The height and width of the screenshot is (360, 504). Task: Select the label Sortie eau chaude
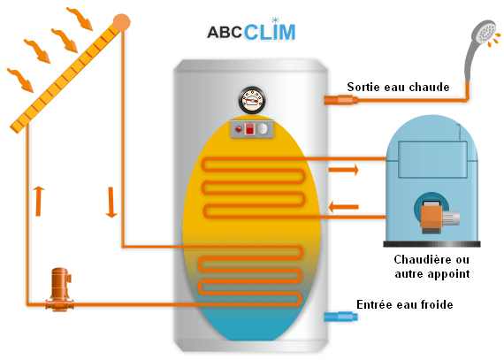(398, 87)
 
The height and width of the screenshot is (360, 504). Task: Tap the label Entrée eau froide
(404, 304)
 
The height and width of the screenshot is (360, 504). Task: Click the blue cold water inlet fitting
(338, 316)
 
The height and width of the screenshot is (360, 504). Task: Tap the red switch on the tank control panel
(248, 129)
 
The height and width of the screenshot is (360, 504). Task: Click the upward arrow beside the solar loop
(37, 201)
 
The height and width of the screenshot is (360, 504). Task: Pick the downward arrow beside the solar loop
(111, 202)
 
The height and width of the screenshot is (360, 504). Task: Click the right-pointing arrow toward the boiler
(343, 168)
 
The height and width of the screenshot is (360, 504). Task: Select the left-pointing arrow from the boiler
(343, 208)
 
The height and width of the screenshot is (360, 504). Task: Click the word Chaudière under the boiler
(416, 260)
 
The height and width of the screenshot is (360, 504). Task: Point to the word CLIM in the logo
(271, 32)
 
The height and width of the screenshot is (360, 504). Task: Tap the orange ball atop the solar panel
(122, 21)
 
